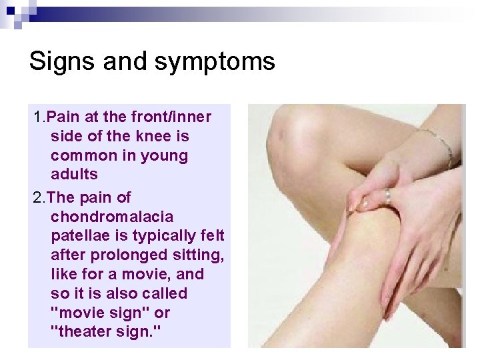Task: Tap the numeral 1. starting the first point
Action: click(x=39, y=117)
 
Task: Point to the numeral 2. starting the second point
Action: click(x=39, y=198)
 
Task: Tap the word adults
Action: click(x=74, y=175)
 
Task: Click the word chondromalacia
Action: click(x=112, y=217)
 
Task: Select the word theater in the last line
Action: click(x=86, y=332)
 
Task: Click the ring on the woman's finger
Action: click(x=387, y=197)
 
